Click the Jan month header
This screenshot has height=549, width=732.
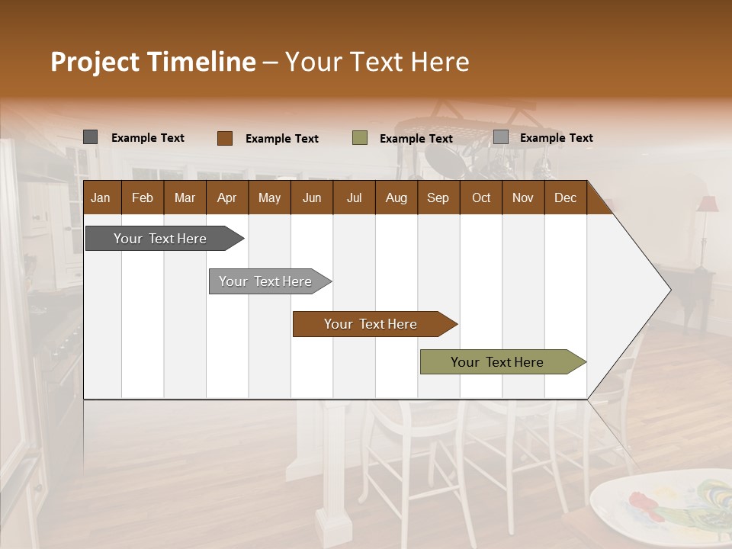pos(101,197)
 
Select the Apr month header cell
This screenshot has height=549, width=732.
pos(226,197)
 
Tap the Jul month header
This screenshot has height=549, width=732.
pos(354,197)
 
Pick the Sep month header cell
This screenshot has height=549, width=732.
pos(438,197)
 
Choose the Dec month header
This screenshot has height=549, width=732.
pos(565,197)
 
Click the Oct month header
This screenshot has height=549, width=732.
pos(480,197)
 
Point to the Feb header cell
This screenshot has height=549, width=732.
pos(143,197)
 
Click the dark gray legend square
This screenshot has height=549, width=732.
pos(90,137)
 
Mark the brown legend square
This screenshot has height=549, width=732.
pos(224,138)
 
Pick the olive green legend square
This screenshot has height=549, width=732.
pos(360,138)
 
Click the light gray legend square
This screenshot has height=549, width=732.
pos(500,137)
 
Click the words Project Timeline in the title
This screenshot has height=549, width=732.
pos(152,62)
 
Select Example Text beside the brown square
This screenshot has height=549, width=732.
pos(281,139)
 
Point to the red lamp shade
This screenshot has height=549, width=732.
pos(708,204)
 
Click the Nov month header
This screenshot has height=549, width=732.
pos(522,197)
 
